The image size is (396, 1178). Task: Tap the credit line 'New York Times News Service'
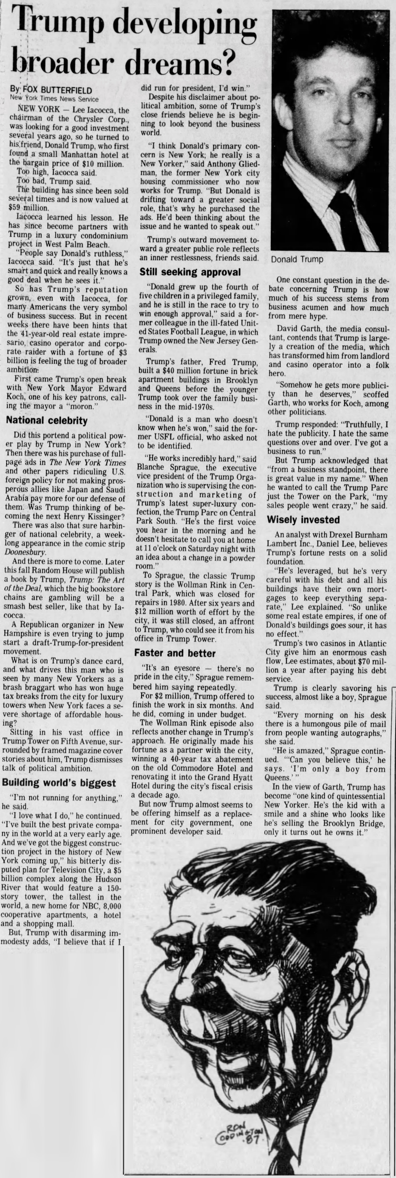[x=54, y=99]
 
